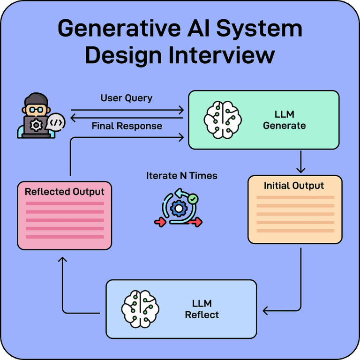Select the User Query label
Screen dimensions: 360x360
(127, 98)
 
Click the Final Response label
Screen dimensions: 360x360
(127, 126)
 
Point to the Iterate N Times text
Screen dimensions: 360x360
(182, 176)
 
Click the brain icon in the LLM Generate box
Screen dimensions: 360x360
(223, 120)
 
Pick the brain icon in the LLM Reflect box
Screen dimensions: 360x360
(140, 309)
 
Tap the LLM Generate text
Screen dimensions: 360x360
(284, 120)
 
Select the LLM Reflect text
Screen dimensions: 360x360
(202, 309)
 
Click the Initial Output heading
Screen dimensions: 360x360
(294, 186)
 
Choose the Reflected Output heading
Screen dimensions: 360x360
(65, 192)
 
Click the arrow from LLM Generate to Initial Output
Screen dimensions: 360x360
(300, 162)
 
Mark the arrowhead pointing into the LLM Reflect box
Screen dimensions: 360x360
(265, 310)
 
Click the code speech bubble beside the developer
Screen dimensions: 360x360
(56, 122)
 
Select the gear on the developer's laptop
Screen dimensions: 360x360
(35, 125)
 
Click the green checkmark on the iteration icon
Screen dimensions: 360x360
(192, 199)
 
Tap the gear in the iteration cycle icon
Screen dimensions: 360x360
(178, 208)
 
